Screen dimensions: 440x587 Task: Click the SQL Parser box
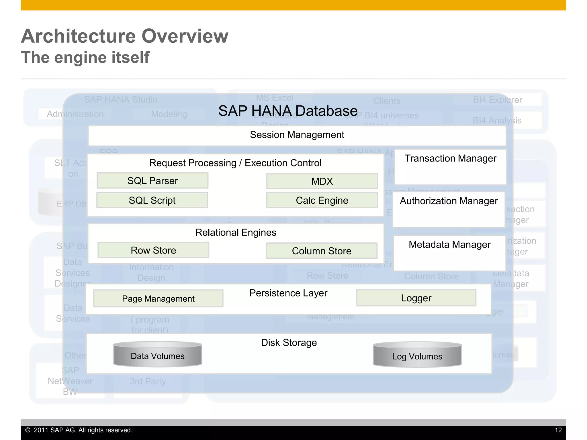coord(152,180)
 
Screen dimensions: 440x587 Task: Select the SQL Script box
coord(152,200)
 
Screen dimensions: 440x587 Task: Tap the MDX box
coord(322,181)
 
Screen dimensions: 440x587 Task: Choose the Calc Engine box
coord(322,200)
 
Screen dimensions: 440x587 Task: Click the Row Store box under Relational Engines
coord(153,250)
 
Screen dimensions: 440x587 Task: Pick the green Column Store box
coord(321,251)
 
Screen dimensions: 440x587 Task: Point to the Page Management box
coord(158,298)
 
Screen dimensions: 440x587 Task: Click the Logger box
coord(416,298)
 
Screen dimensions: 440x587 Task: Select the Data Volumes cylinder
coord(158,355)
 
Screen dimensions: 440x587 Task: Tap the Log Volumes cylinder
coord(417,355)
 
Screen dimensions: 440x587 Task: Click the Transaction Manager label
coord(450,158)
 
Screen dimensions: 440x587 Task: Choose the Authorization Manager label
coord(449,201)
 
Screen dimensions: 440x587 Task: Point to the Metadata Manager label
coord(449,244)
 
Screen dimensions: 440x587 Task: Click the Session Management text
coord(297,135)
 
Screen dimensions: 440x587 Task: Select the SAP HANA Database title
coord(288,111)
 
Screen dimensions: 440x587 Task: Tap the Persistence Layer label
coord(288,293)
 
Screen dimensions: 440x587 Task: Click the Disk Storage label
coord(289,342)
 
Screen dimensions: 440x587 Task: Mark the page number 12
coord(558,430)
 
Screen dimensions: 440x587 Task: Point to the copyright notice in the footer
coord(79,430)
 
